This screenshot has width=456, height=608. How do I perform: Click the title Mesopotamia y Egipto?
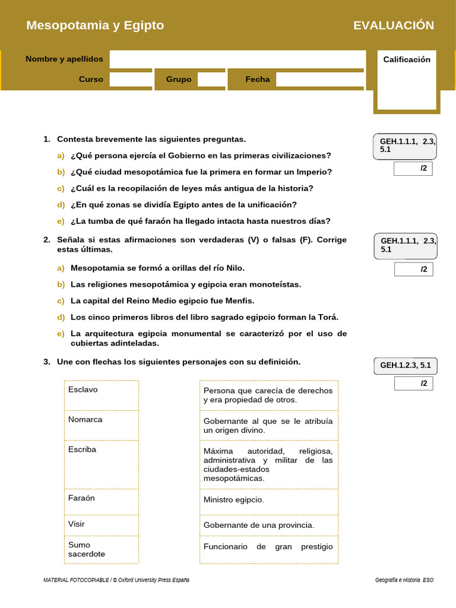(95, 26)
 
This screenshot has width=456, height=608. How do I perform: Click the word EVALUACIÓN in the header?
(394, 26)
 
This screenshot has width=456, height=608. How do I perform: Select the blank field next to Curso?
(131, 80)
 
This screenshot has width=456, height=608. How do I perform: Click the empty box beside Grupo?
(211, 80)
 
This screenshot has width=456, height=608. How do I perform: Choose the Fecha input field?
(319, 80)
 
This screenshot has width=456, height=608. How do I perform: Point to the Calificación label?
(407, 59)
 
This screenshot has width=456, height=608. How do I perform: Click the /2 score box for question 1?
(413, 169)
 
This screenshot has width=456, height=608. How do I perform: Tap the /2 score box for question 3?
(413, 384)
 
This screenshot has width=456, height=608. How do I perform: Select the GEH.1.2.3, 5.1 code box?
(405, 365)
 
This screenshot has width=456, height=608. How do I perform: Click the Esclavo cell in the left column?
(101, 395)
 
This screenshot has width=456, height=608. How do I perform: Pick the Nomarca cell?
(101, 425)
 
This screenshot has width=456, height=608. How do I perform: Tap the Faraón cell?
(101, 501)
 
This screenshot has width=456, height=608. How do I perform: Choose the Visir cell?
(101, 524)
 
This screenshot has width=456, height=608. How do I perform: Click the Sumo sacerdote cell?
(101, 549)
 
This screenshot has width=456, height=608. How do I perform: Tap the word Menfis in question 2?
(240, 301)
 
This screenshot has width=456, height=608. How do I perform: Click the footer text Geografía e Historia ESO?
(404, 580)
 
